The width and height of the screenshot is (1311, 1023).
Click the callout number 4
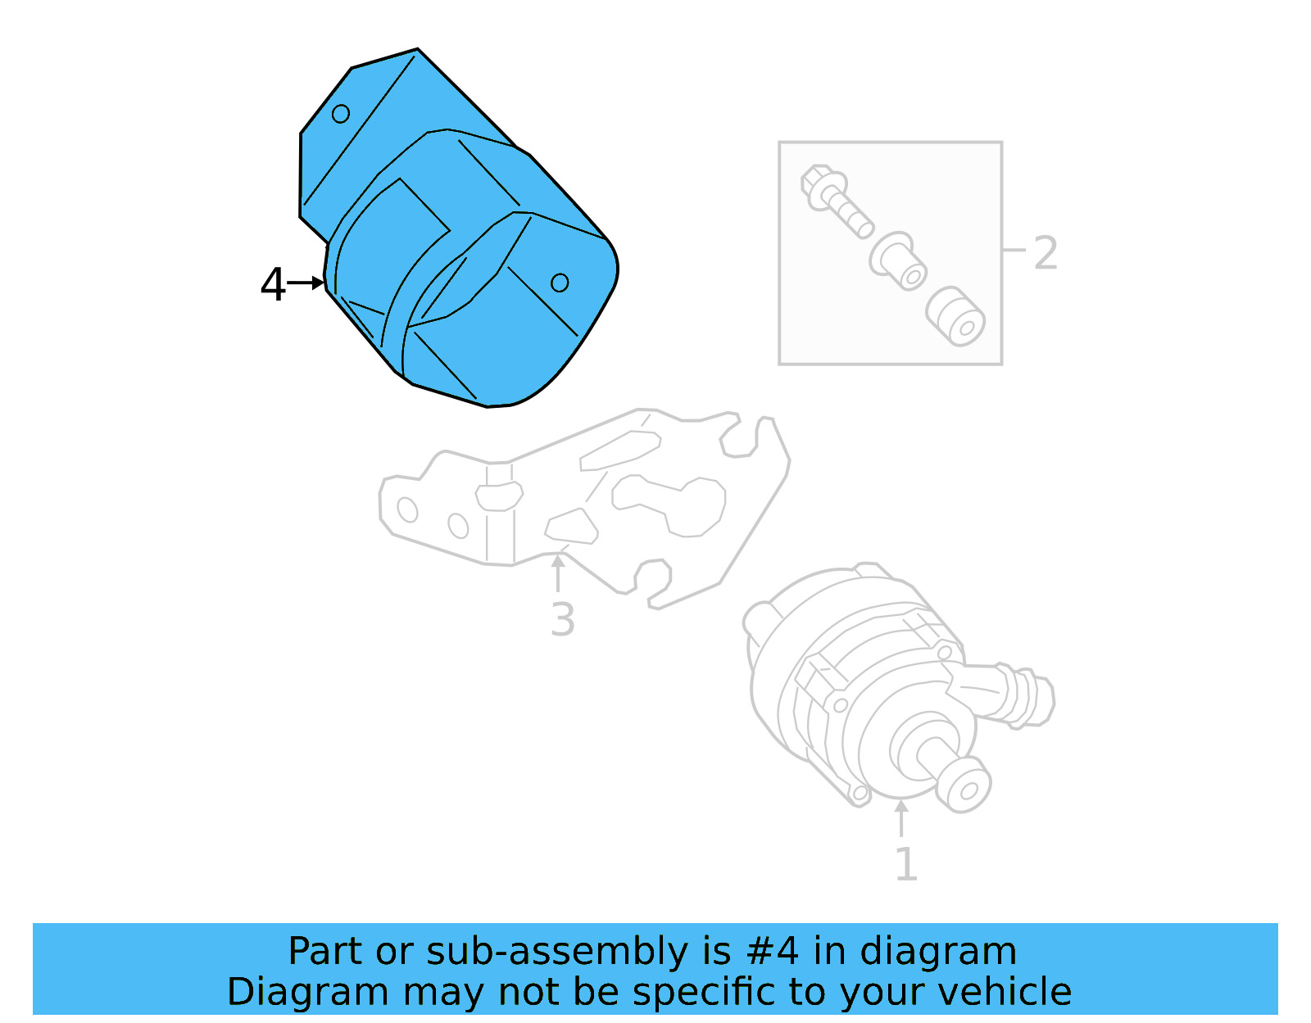[273, 285]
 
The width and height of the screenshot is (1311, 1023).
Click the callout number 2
[1046, 253]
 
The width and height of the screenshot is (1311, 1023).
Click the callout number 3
[563, 619]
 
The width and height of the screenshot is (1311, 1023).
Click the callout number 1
[905, 864]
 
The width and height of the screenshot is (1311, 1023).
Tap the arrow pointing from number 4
[307, 283]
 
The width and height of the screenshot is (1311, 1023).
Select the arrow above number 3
[558, 573]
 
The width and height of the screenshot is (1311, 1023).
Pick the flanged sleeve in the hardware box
[899, 261]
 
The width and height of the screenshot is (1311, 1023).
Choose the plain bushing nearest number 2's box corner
[955, 316]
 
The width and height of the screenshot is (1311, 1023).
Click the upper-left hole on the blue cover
[341, 114]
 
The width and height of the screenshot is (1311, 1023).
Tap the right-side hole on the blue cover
[560, 283]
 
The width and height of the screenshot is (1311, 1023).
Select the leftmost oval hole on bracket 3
[407, 509]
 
